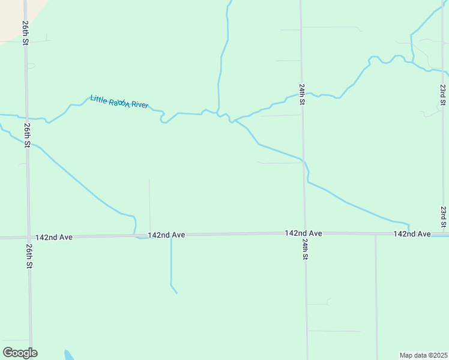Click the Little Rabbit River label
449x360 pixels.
pyautogui.click(x=119, y=102)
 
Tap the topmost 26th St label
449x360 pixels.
pyautogui.click(x=26, y=34)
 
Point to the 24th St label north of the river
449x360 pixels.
pyautogui.click(x=302, y=94)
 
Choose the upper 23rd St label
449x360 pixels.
pyautogui.click(x=442, y=95)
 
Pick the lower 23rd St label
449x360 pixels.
pyautogui.click(x=443, y=217)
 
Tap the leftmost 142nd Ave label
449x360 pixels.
pyautogui.click(x=53, y=237)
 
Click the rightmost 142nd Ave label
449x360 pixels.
pyautogui.click(x=412, y=233)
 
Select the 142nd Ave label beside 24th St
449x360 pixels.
pyautogui.click(x=304, y=233)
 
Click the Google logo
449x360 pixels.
pyautogui.click(x=20, y=353)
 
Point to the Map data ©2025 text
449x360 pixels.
pyautogui.click(x=423, y=355)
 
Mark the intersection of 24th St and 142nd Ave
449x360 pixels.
pyautogui.click(x=305, y=233)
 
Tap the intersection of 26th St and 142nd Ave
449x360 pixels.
pyautogui.click(x=28, y=238)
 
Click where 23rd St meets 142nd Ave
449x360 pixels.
pyautogui.click(x=445, y=234)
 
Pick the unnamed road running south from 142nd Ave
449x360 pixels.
pyautogui.click(x=376, y=294)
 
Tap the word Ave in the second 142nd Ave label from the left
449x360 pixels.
pyautogui.click(x=178, y=235)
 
